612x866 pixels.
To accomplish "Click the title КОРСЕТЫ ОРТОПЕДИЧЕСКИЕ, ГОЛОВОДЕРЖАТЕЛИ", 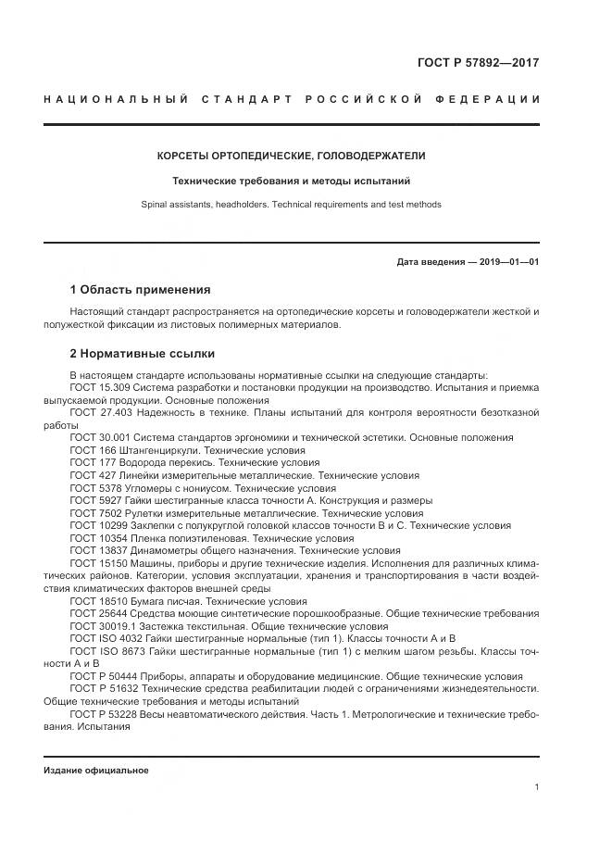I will (291, 156).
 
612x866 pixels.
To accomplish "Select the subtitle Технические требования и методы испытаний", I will (291, 181).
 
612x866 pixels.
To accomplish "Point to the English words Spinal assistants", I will (177, 204).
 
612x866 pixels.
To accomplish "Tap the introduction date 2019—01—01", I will (506, 261).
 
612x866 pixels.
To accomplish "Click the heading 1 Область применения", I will (140, 289).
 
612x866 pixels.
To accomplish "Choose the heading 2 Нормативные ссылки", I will (143, 353).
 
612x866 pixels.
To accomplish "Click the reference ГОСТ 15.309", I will (99, 386).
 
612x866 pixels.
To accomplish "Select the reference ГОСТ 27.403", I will (99, 411).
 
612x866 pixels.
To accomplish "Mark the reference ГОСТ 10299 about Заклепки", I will (96, 525).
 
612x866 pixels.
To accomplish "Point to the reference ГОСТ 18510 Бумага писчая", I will (96, 601).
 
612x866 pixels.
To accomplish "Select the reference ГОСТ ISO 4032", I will (104, 638).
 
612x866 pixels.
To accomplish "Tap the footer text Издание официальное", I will (96, 770).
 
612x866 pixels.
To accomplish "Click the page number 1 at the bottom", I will (536, 787).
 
